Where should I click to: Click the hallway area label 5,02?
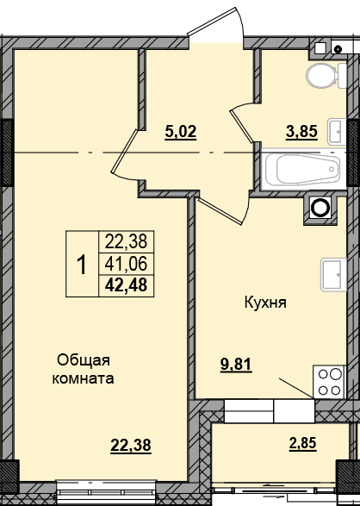pyautogui.click(x=181, y=133)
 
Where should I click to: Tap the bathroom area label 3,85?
pyautogui.click(x=301, y=132)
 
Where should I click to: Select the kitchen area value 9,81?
pyautogui.click(x=236, y=365)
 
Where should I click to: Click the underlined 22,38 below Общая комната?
pyautogui.click(x=131, y=446)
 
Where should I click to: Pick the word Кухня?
pyautogui.click(x=265, y=303)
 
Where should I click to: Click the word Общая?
pyautogui.click(x=84, y=361)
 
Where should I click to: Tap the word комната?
pyautogui.click(x=83, y=378)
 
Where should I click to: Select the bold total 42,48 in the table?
pyautogui.click(x=126, y=285)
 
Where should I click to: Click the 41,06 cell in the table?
pyautogui.click(x=126, y=265)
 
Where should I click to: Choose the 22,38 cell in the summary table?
pyautogui.click(x=126, y=241)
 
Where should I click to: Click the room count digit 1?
pyautogui.click(x=82, y=265)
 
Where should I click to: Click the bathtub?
pyautogui.click(x=303, y=169)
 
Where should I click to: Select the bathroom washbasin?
pyautogui.click(x=337, y=132)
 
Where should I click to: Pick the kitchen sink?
pyautogui.click(x=333, y=273)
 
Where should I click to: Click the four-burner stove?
pyautogui.click(x=329, y=382)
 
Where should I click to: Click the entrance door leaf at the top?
pyautogui.click(x=212, y=21)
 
